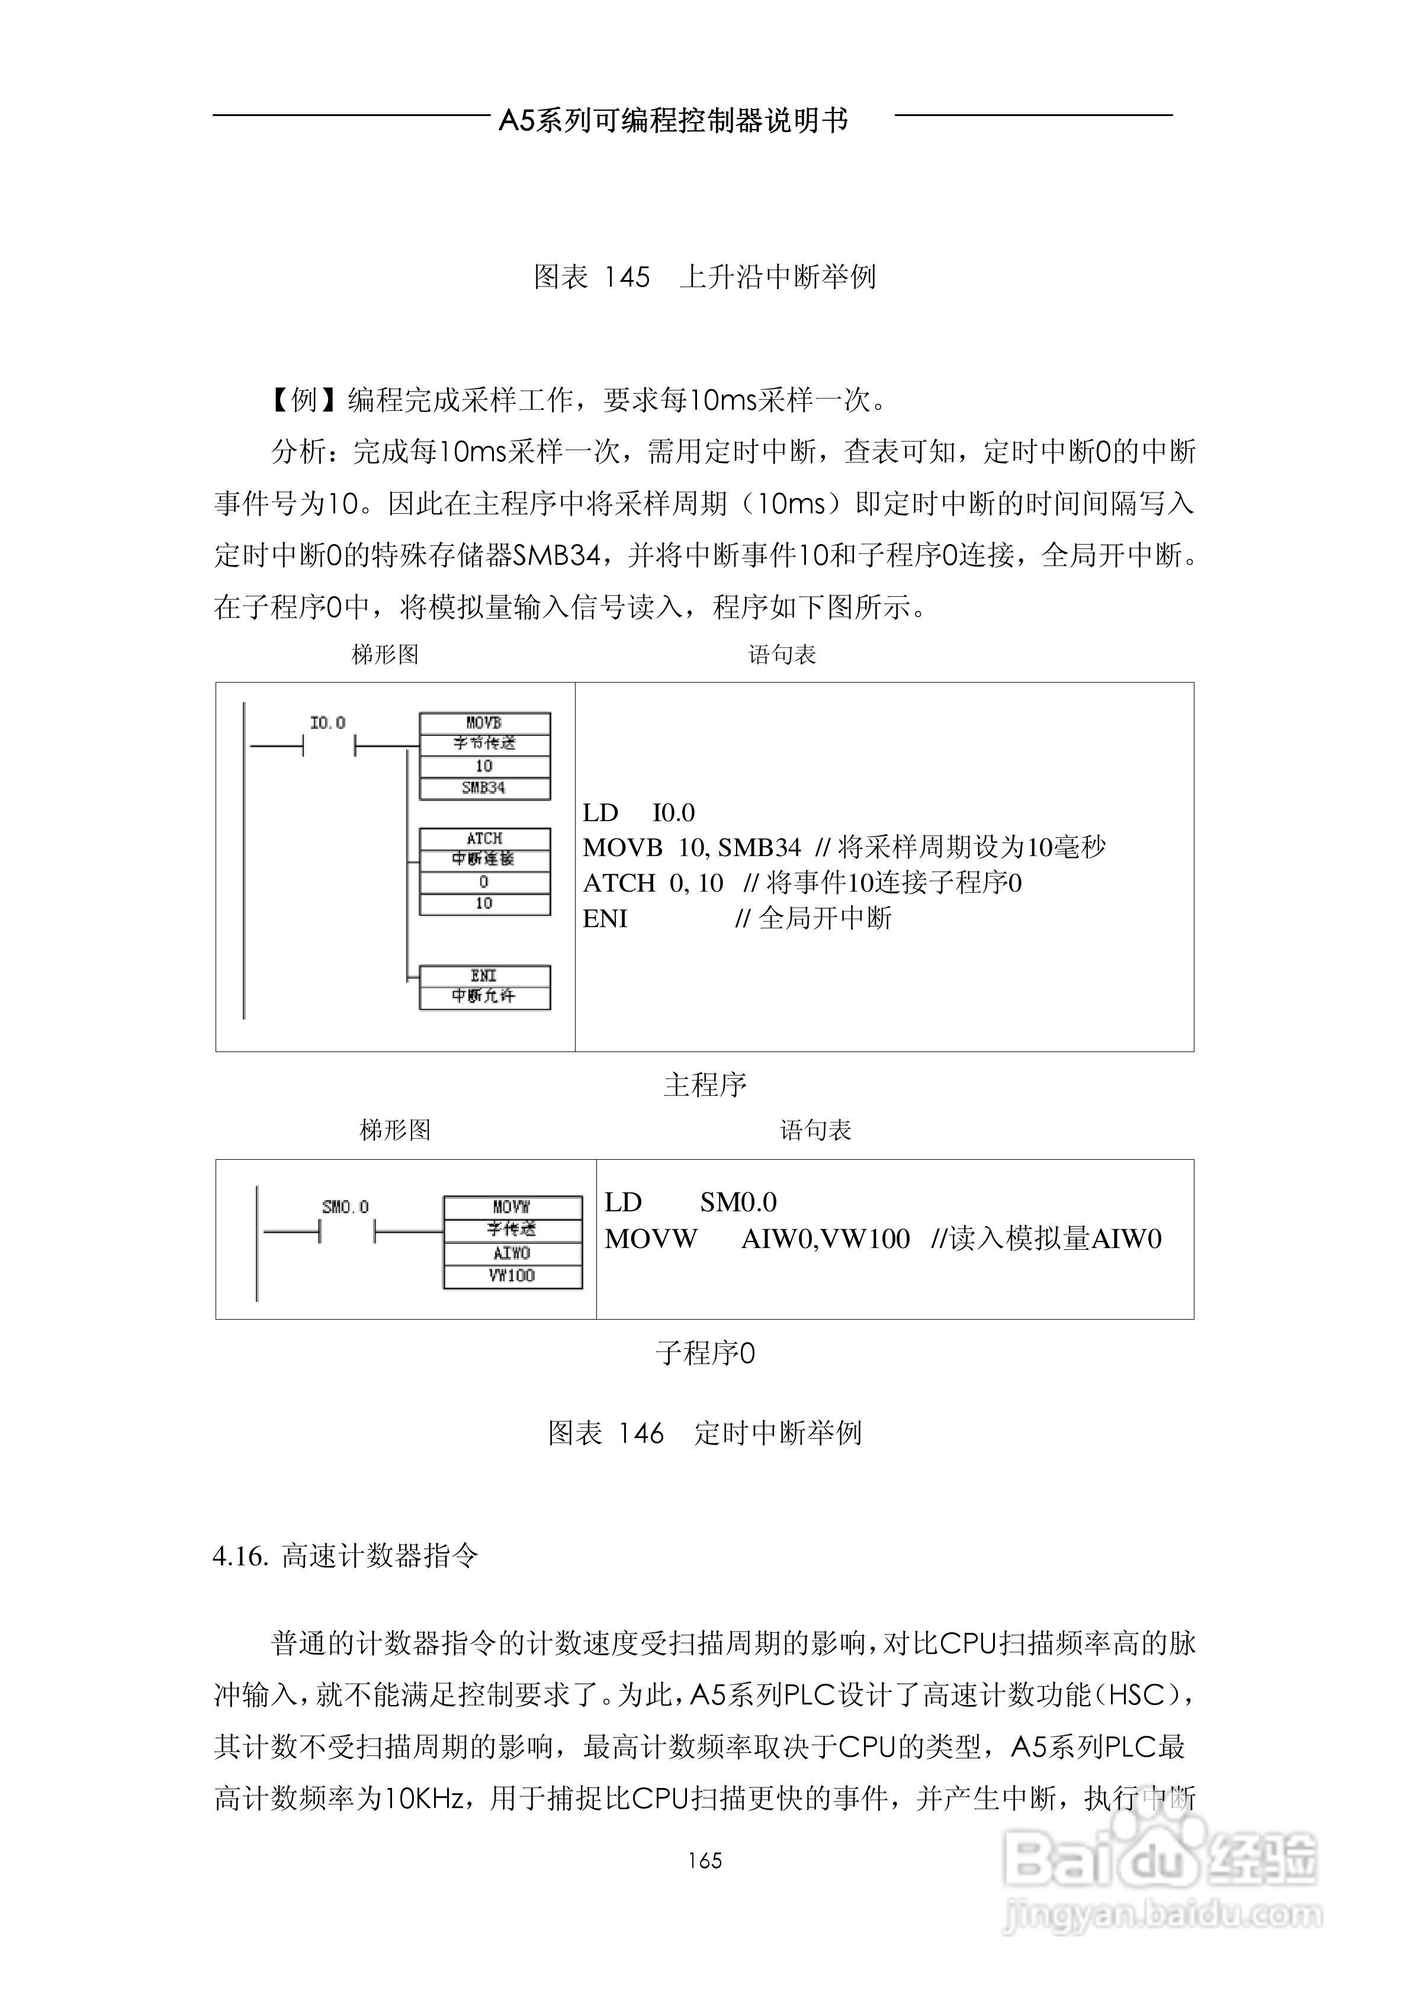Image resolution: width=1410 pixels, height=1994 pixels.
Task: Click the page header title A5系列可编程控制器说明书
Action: pyautogui.click(x=673, y=121)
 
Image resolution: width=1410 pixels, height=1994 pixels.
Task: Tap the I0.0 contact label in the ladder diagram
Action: pyautogui.click(x=327, y=722)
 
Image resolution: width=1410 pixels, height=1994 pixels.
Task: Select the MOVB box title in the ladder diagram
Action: pyautogui.click(x=484, y=722)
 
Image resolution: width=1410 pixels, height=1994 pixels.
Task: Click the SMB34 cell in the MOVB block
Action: pyautogui.click(x=484, y=787)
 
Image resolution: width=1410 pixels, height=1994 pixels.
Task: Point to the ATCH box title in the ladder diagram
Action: pyautogui.click(x=484, y=838)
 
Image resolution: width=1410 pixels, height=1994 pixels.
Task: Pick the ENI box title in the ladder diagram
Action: pyautogui.click(x=484, y=975)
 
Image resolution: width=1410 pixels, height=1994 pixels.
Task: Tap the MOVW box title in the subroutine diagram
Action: pyautogui.click(x=512, y=1207)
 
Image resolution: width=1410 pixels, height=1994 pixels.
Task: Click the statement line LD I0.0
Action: pyautogui.click(x=638, y=813)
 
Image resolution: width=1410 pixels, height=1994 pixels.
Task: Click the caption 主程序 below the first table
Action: pyautogui.click(x=705, y=1084)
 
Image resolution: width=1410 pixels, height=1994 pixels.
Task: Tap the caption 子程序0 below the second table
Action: pyautogui.click(x=705, y=1352)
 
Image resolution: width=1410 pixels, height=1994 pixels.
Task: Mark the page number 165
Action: pyautogui.click(x=705, y=1860)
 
